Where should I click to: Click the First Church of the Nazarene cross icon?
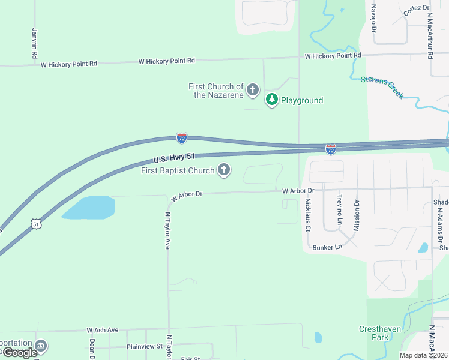tap(253, 91)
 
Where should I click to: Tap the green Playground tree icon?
tap(272, 100)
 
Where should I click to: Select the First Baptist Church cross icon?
tap(224, 170)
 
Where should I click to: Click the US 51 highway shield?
tap(37, 224)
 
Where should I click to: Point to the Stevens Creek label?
tap(382, 87)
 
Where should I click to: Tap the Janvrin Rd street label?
tap(34, 43)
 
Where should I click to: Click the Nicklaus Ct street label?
tap(307, 215)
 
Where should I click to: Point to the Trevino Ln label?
tap(339, 209)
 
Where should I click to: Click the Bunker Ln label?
tap(327, 247)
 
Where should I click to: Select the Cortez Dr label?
tap(417, 10)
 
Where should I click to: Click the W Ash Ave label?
tap(103, 330)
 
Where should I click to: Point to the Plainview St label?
tap(145, 346)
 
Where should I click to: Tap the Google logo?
tap(20, 353)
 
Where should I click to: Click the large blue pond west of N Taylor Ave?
tap(88, 208)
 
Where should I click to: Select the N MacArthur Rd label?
tap(430, 37)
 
